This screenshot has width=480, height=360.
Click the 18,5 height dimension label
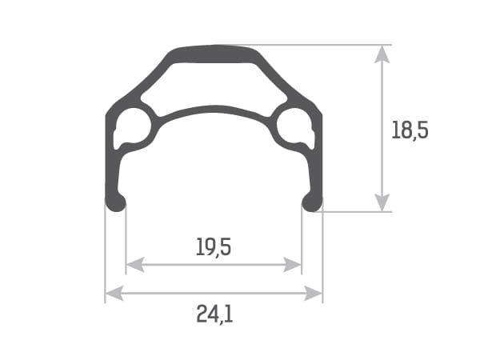410,130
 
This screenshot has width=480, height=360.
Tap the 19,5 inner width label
214,247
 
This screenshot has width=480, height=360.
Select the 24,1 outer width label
214,314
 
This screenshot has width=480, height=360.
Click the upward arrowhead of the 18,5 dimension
382,54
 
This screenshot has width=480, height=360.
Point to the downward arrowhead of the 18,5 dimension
382,202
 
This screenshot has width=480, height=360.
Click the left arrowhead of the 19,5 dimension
135,265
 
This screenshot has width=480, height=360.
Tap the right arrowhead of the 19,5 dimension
293,265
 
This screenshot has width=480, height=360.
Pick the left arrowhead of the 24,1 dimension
114,294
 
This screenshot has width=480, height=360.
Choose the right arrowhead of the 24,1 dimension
314,294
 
